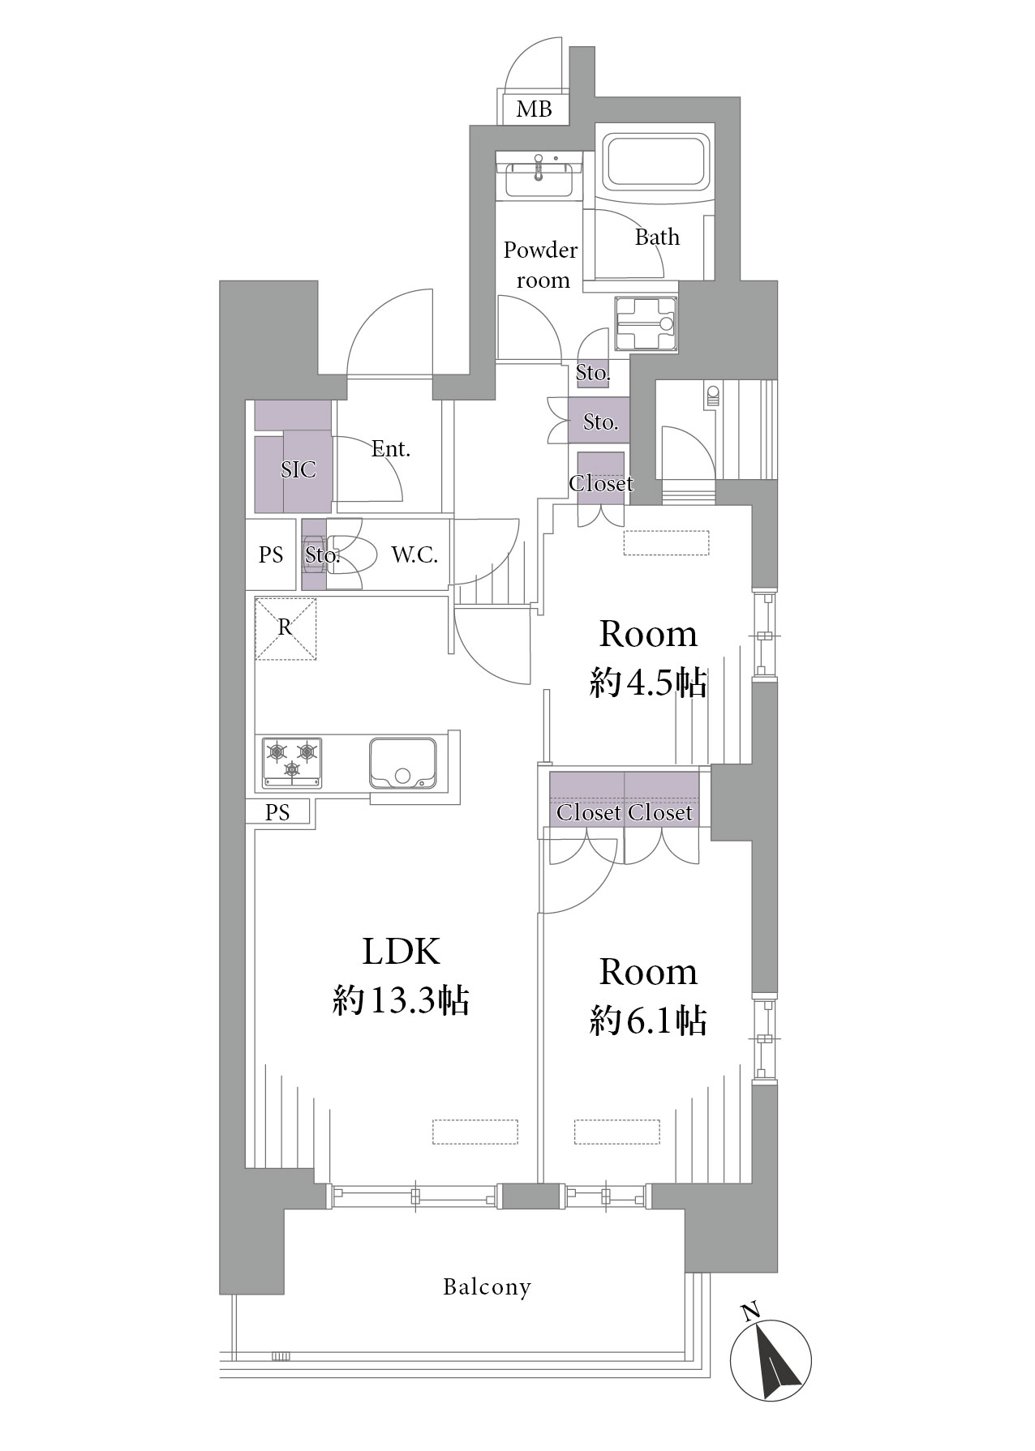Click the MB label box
pos(534,109)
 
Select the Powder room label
pos(541,265)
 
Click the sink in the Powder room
pos(539,173)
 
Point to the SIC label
pos(298,470)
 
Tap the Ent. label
pos(391,449)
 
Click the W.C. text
pos(414,555)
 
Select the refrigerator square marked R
pos(285,628)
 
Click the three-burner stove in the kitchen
pos(291,762)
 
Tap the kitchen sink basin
pos(402,762)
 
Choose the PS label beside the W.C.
pos(272,555)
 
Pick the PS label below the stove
pos(277,812)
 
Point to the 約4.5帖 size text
pos(648,685)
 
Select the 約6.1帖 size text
pos(648,1021)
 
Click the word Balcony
pos(487,1287)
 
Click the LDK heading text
pos(402,952)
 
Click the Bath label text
pos(657,238)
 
